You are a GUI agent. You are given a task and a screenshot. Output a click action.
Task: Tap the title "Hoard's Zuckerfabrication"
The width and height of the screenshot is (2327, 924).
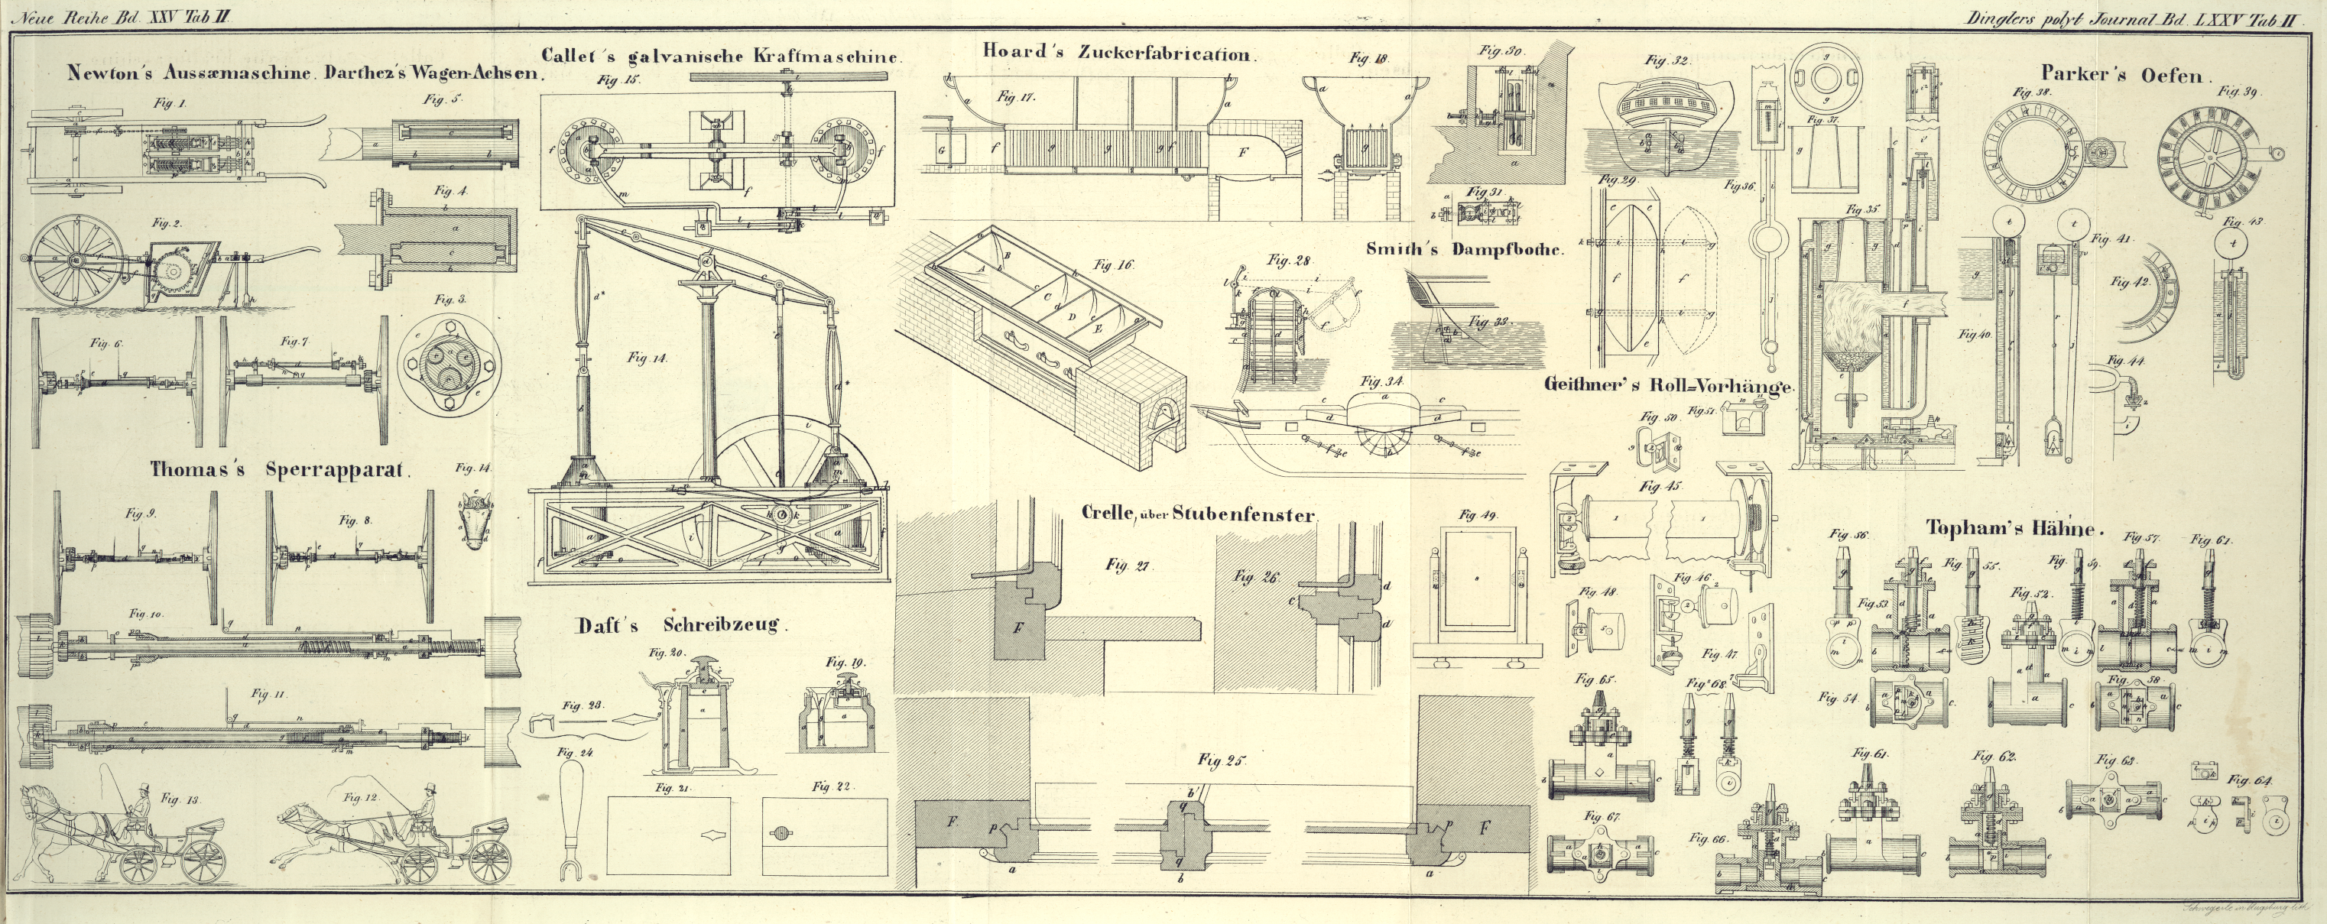[x=1118, y=53]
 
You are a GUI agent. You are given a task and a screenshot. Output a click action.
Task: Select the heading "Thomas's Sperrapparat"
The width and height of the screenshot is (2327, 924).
[x=280, y=470]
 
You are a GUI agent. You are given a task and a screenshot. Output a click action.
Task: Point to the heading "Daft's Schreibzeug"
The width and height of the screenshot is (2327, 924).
[x=682, y=625]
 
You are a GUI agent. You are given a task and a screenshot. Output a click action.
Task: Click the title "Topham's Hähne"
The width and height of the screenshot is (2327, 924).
[x=2014, y=528]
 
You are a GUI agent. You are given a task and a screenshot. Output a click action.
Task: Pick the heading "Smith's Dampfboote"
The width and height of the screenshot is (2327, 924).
[x=1463, y=249]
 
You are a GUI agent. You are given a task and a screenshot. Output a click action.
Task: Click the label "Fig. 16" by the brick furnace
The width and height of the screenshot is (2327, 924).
[x=1113, y=265]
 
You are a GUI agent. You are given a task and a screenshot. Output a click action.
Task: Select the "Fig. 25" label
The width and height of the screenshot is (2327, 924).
[x=1222, y=760]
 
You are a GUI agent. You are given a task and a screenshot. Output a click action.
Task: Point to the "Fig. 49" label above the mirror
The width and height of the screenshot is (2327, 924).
[x=1478, y=516]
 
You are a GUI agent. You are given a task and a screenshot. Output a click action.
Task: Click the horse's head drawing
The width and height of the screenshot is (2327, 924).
[x=475, y=522]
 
